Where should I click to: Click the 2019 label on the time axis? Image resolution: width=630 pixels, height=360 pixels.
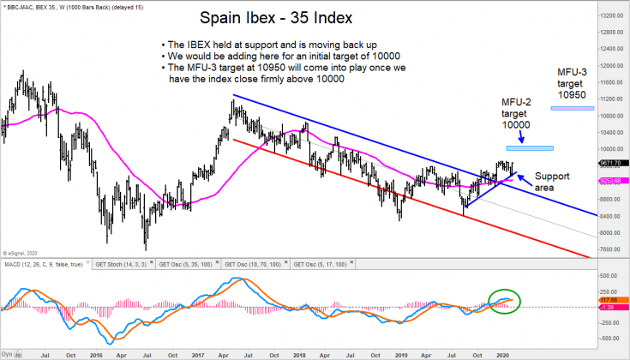399,353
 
